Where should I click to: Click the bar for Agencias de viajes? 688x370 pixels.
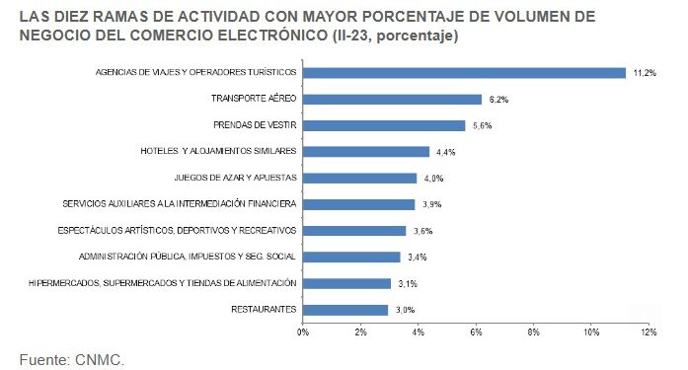pos(464,72)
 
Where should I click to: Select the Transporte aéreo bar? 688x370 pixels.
pos(392,99)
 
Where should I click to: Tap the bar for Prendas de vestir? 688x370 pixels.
pos(383,125)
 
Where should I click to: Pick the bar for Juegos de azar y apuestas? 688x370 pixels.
pos(359,178)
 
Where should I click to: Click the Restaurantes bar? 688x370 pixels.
pos(345,310)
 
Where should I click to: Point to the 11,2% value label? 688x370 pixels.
pos(644,73)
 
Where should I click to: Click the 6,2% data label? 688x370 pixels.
pos(499,100)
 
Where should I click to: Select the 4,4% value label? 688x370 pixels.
pos(447,152)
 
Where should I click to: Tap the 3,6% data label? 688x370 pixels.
pos(423,231)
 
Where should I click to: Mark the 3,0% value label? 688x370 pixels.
pos(406,310)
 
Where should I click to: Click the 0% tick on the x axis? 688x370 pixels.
pos(303,333)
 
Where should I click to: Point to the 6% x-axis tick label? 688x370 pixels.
pos(476,333)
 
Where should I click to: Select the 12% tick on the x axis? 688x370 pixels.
pos(649,333)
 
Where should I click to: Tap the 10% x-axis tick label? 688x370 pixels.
pos(590,333)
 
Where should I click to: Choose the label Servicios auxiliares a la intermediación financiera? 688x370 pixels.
pos(179,204)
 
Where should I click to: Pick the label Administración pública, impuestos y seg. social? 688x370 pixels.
pos(188,257)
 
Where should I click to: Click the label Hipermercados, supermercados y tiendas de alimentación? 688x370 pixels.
pos(178,283)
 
